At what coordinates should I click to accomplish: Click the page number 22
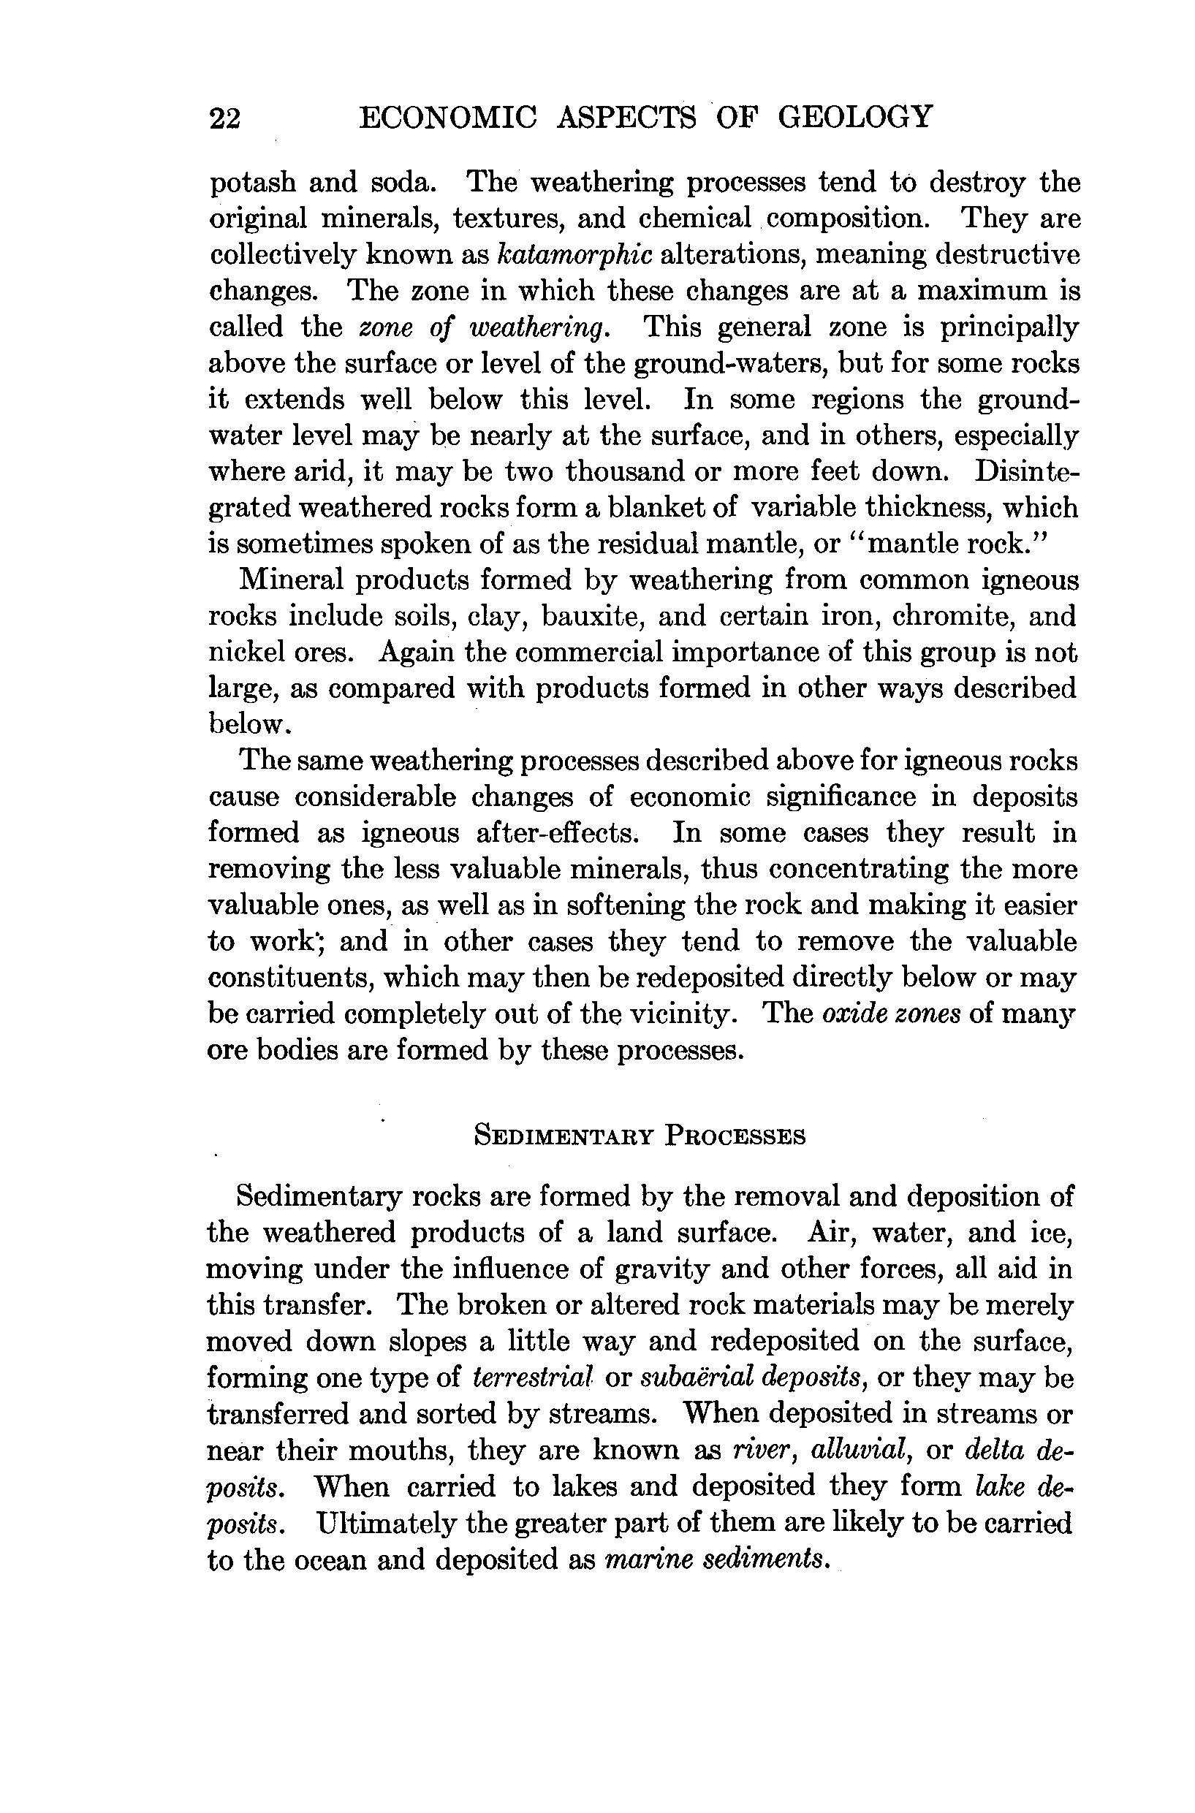[225, 119]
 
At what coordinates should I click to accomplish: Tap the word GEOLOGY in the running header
[854, 118]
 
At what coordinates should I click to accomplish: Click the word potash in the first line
[252, 183]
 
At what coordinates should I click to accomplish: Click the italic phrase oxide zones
[891, 1014]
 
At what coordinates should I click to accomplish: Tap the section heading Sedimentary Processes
[640, 1136]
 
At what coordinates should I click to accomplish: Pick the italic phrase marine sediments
[715, 1559]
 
